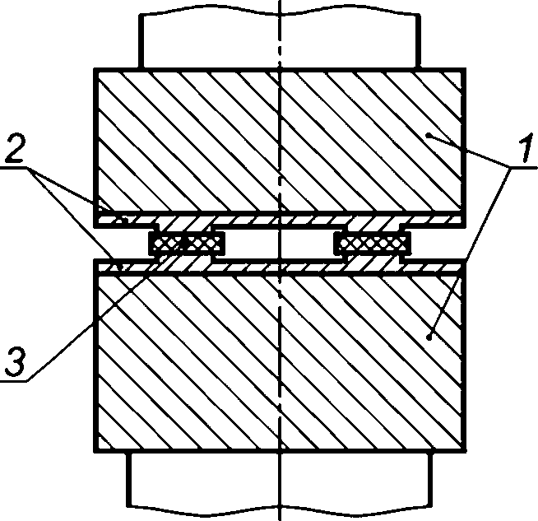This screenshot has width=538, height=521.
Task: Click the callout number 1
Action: pyautogui.click(x=524, y=148)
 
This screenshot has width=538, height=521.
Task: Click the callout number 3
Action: pyautogui.click(x=16, y=361)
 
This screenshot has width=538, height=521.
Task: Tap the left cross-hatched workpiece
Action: pyautogui.click(x=187, y=244)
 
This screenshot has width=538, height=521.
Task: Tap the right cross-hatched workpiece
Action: pyautogui.click(x=373, y=244)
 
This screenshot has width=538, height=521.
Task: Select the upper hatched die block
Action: pyautogui.click(x=280, y=140)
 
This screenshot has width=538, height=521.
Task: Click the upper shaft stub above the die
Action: pyautogui.click(x=280, y=40)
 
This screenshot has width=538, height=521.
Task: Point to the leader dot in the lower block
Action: pyautogui.click(x=429, y=337)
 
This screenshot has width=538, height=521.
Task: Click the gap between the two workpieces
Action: pyautogui.click(x=280, y=244)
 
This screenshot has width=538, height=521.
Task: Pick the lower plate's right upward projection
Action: pyautogui.click(x=374, y=260)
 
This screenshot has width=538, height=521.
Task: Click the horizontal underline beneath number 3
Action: pyautogui.click(x=14, y=380)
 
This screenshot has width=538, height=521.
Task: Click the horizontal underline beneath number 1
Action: pyautogui.click(x=523, y=167)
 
